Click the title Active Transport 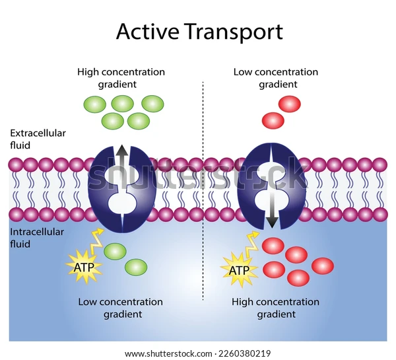coord(199,31)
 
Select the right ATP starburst coord(238,270)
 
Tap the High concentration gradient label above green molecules coord(121,78)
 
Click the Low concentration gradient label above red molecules coord(275,78)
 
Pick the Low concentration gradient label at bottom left coord(120,308)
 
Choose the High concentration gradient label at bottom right coord(275,308)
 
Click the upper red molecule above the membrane coord(289,104)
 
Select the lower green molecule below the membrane coord(136,267)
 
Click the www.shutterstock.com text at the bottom coord(175,353)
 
